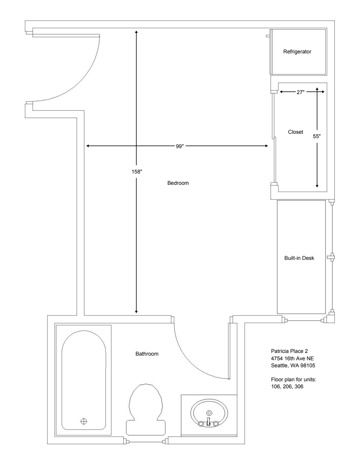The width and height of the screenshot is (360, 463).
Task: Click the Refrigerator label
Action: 297,52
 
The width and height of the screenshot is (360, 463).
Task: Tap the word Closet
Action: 295,132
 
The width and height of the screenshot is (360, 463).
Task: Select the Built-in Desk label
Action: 299,258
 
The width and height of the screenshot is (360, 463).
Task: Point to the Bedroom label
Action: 178,183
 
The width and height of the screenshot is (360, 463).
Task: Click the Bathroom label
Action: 147,354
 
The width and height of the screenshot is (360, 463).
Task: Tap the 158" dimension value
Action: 137,171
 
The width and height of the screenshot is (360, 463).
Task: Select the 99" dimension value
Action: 180,146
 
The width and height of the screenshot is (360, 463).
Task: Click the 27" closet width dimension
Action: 301,92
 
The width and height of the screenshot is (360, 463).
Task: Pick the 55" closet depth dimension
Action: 317,136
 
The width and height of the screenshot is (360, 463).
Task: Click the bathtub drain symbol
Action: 84,421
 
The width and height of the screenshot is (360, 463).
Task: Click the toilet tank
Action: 146,427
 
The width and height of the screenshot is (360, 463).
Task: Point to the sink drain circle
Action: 209,413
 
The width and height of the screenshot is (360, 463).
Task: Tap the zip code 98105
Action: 308,365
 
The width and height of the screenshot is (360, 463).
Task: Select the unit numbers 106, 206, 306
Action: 287,386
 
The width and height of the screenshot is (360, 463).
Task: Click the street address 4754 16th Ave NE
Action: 292,358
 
